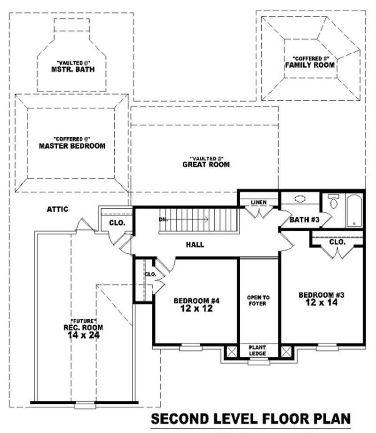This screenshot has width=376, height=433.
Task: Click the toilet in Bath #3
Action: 334,203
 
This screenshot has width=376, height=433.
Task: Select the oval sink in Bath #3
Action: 300,199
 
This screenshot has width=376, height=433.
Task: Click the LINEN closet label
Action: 258,203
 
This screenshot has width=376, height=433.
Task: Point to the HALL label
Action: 195,244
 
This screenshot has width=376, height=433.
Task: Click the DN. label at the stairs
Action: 164,219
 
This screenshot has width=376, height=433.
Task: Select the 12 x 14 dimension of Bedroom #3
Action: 322,303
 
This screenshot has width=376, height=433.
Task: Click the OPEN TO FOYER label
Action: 258,300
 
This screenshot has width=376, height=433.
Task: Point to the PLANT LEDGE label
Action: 258,350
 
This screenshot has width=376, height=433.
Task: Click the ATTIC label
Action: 58,209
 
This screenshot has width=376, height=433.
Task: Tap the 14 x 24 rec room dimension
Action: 84,335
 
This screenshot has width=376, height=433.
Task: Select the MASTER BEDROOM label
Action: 72,146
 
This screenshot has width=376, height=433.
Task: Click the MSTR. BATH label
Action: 72,69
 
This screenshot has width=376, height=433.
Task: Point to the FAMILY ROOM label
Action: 310,65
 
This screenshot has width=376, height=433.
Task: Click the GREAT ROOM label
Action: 206,165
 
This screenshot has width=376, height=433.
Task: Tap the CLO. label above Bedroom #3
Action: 337,242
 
